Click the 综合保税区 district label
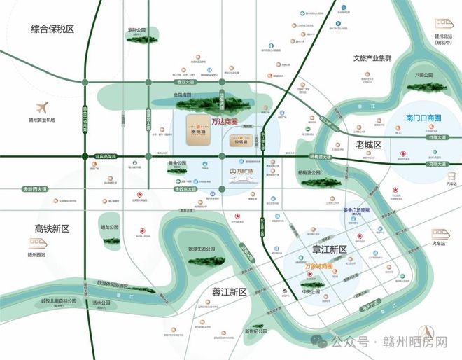(52, 29)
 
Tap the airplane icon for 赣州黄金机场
(41, 109)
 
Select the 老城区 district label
(367, 145)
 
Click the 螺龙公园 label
(110, 227)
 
